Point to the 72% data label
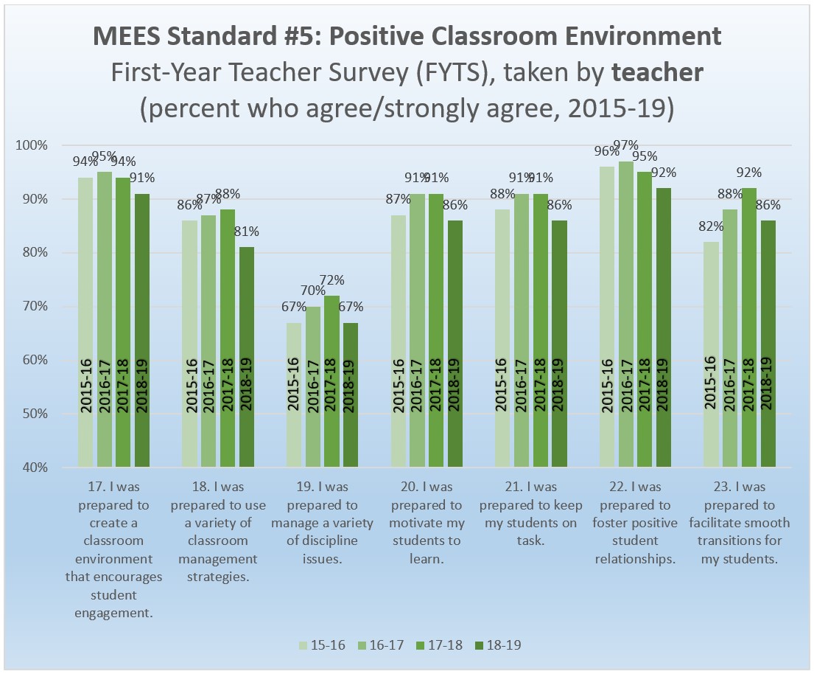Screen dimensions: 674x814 coord(331,280)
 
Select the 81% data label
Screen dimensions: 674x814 coord(246,231)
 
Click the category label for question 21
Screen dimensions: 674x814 coord(530,513)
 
